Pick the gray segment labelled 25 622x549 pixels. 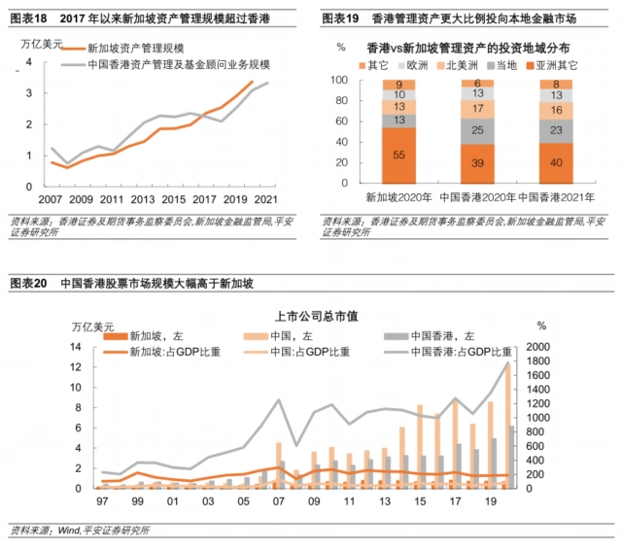477,130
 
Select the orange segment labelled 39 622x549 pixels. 477,163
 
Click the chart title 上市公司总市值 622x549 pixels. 311,316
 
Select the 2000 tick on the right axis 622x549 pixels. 538,346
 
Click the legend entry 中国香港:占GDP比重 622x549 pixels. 462,351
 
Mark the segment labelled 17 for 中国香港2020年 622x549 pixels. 477,109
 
